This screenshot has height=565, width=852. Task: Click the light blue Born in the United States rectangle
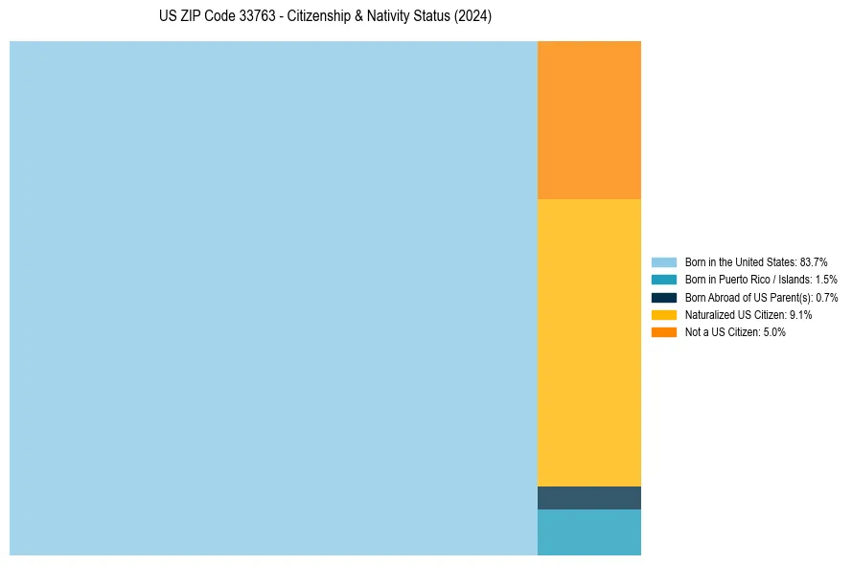click(x=273, y=298)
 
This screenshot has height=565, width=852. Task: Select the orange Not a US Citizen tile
click(x=588, y=120)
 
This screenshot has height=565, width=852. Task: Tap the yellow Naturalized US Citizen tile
click(x=588, y=342)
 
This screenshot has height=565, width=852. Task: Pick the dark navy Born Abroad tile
click(x=588, y=498)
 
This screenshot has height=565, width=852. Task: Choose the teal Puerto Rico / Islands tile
click(x=588, y=531)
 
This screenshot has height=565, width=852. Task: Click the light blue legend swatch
click(x=664, y=261)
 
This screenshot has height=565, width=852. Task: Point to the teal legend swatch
click(x=664, y=280)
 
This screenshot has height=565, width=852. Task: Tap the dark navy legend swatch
click(x=664, y=297)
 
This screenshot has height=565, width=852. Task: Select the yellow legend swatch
click(x=664, y=314)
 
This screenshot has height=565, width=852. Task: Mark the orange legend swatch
click(x=664, y=332)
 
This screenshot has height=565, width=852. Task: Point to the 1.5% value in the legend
click(x=825, y=280)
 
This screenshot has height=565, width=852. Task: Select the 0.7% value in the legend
click(x=826, y=297)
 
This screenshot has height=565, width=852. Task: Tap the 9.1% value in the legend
click(x=800, y=314)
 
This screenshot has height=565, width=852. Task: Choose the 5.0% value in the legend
click(x=774, y=332)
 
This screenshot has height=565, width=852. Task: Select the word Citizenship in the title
click(x=321, y=17)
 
